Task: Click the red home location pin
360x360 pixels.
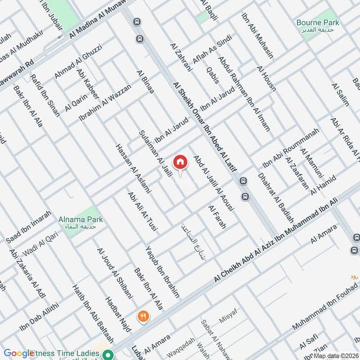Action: point(180,162)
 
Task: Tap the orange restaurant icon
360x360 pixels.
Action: point(144,316)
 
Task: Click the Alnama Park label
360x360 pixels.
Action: point(81,220)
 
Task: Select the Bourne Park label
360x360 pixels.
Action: point(318,22)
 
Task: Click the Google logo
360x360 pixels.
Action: point(18,353)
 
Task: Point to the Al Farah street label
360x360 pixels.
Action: point(217,217)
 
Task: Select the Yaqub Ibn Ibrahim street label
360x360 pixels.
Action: point(162,272)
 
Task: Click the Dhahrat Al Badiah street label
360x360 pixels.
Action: point(276,198)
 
